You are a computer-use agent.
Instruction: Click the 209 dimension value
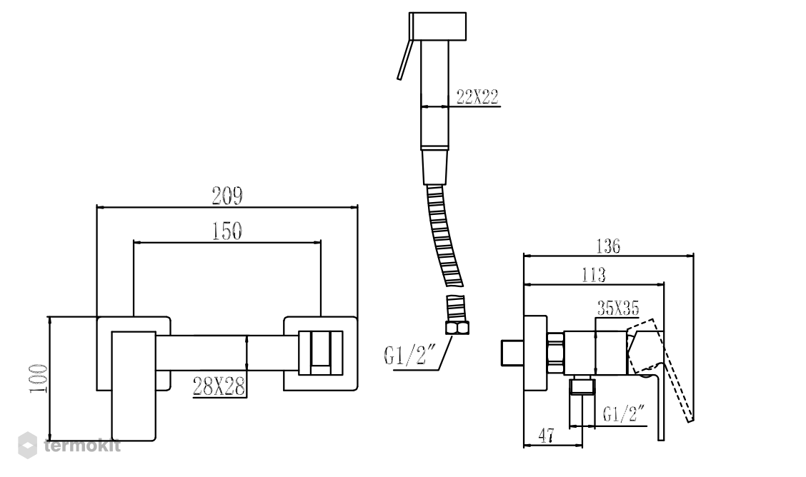tap(227, 196)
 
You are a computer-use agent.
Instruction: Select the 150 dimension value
tap(227, 231)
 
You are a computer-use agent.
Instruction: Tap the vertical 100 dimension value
tap(38, 378)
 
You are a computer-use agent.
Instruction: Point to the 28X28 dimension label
tap(219, 386)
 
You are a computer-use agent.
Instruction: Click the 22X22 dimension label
tap(477, 96)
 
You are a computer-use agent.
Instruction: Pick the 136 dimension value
tap(608, 246)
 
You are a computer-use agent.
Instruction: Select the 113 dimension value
tap(594, 275)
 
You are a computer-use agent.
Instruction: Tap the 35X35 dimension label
tap(618, 308)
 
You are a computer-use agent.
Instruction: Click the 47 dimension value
tap(547, 436)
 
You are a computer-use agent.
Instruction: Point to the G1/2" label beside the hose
tap(410, 356)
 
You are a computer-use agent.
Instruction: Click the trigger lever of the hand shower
tap(404, 59)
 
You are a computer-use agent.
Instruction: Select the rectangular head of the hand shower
tap(438, 26)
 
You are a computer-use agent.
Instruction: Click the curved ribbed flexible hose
tap(445, 236)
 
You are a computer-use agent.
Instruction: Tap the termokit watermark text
tap(82, 445)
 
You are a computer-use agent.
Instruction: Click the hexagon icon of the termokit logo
tap(27, 445)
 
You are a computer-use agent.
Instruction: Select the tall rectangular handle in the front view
tap(134, 386)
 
